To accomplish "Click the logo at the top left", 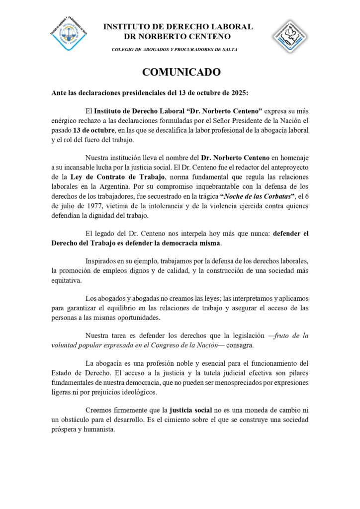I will pos(68,33).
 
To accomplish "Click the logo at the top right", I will pos(289,36).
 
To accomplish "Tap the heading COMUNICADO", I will pos(181,72).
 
